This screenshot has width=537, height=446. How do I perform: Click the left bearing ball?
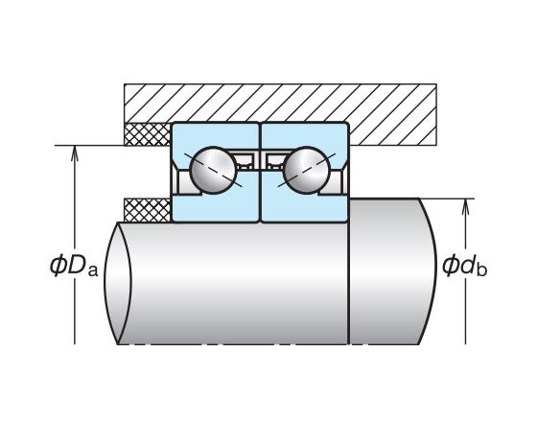coord(213,170)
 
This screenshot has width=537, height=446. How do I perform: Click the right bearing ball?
coord(307,170)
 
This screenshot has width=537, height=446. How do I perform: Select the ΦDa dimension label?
coord(74,267)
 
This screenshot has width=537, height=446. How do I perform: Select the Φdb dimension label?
coord(464,266)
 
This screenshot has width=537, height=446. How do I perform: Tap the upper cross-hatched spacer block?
coord(148,134)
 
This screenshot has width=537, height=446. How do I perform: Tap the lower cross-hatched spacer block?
coord(148,210)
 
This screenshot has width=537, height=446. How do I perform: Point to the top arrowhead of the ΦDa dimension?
coord(75,153)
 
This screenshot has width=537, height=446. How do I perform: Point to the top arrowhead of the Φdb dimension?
coord(465,206)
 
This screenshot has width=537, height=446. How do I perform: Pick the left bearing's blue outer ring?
coord(215,135)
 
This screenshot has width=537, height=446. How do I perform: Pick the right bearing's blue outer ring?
coord(305,135)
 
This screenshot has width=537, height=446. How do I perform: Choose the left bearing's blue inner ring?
coord(215,208)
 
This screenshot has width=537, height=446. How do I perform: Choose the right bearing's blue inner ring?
coord(305,208)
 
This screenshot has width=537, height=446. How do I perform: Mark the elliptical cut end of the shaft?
coord(118,283)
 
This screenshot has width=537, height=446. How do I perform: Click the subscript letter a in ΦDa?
coord(93,270)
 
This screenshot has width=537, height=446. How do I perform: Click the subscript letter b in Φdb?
coord(481,269)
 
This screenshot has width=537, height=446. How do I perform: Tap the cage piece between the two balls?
coord(260,159)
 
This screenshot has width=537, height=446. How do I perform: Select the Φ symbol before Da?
coord(58,267)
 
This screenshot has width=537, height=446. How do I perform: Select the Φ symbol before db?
coord(450,266)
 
